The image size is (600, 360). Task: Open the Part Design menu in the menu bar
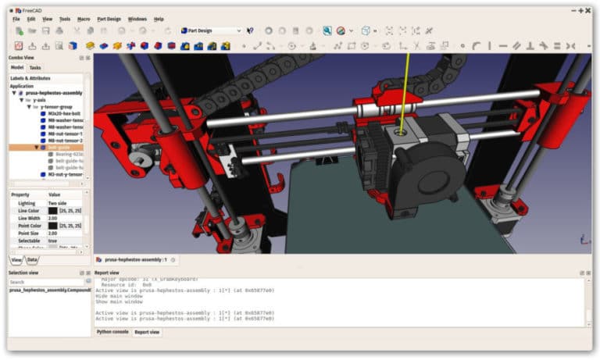109,19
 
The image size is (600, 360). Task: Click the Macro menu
84,19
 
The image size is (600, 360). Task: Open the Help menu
159,19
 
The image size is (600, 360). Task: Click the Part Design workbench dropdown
211,30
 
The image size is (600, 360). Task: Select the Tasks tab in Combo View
35,68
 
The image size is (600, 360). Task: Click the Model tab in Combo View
17,68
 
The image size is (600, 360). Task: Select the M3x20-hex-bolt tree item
64,113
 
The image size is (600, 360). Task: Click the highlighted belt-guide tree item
59,147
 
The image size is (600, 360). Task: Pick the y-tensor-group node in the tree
56,106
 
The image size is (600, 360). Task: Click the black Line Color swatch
52,210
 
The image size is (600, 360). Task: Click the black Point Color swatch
52,225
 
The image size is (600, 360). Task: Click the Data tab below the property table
32,259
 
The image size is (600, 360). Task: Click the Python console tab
112,332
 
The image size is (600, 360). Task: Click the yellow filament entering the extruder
405,94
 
